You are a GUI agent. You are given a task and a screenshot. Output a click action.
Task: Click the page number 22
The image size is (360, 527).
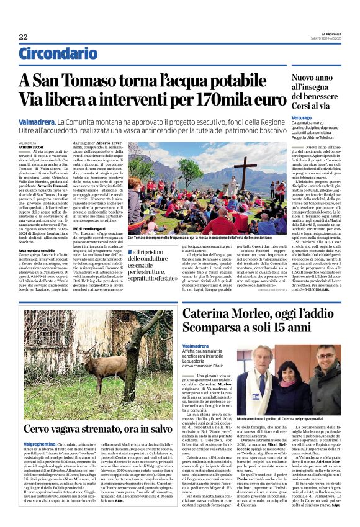point(23,37)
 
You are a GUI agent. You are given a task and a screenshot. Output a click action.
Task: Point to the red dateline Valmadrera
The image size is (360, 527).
point(35,124)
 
